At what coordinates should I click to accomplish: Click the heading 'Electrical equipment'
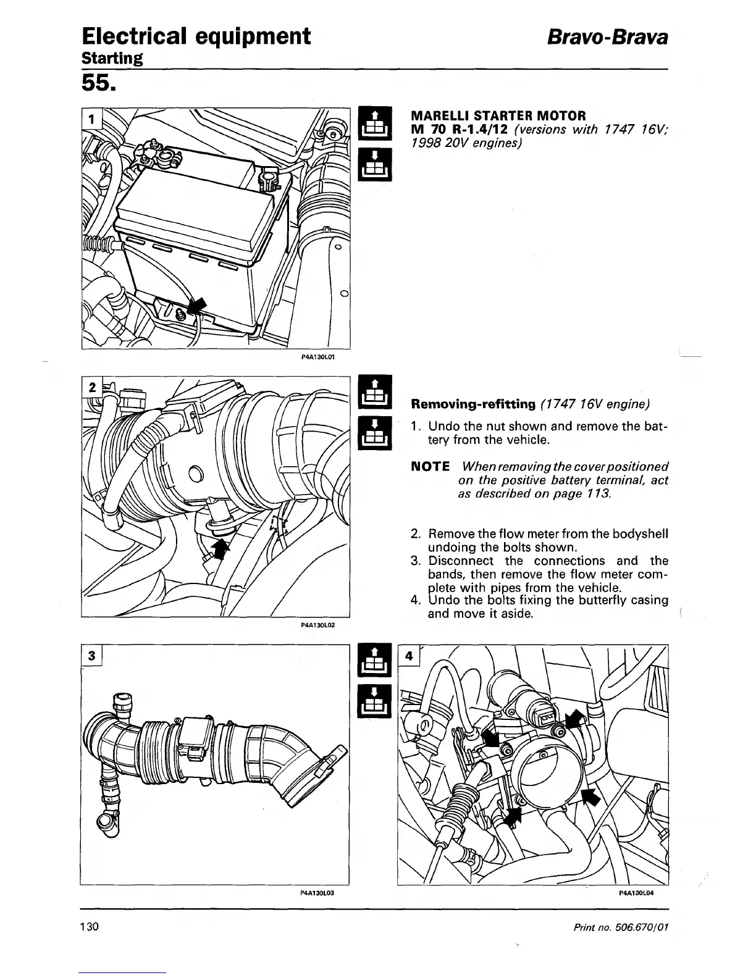[x=196, y=36]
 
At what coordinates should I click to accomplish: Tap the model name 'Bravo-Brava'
[x=607, y=36]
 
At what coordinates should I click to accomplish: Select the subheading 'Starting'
[x=112, y=59]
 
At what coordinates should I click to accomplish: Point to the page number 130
[x=90, y=927]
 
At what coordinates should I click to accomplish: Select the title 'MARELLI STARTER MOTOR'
[x=498, y=115]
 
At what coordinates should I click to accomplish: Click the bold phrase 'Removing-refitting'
[x=473, y=404]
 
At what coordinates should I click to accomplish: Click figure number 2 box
[x=91, y=388]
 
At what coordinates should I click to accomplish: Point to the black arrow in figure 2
[x=220, y=547]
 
